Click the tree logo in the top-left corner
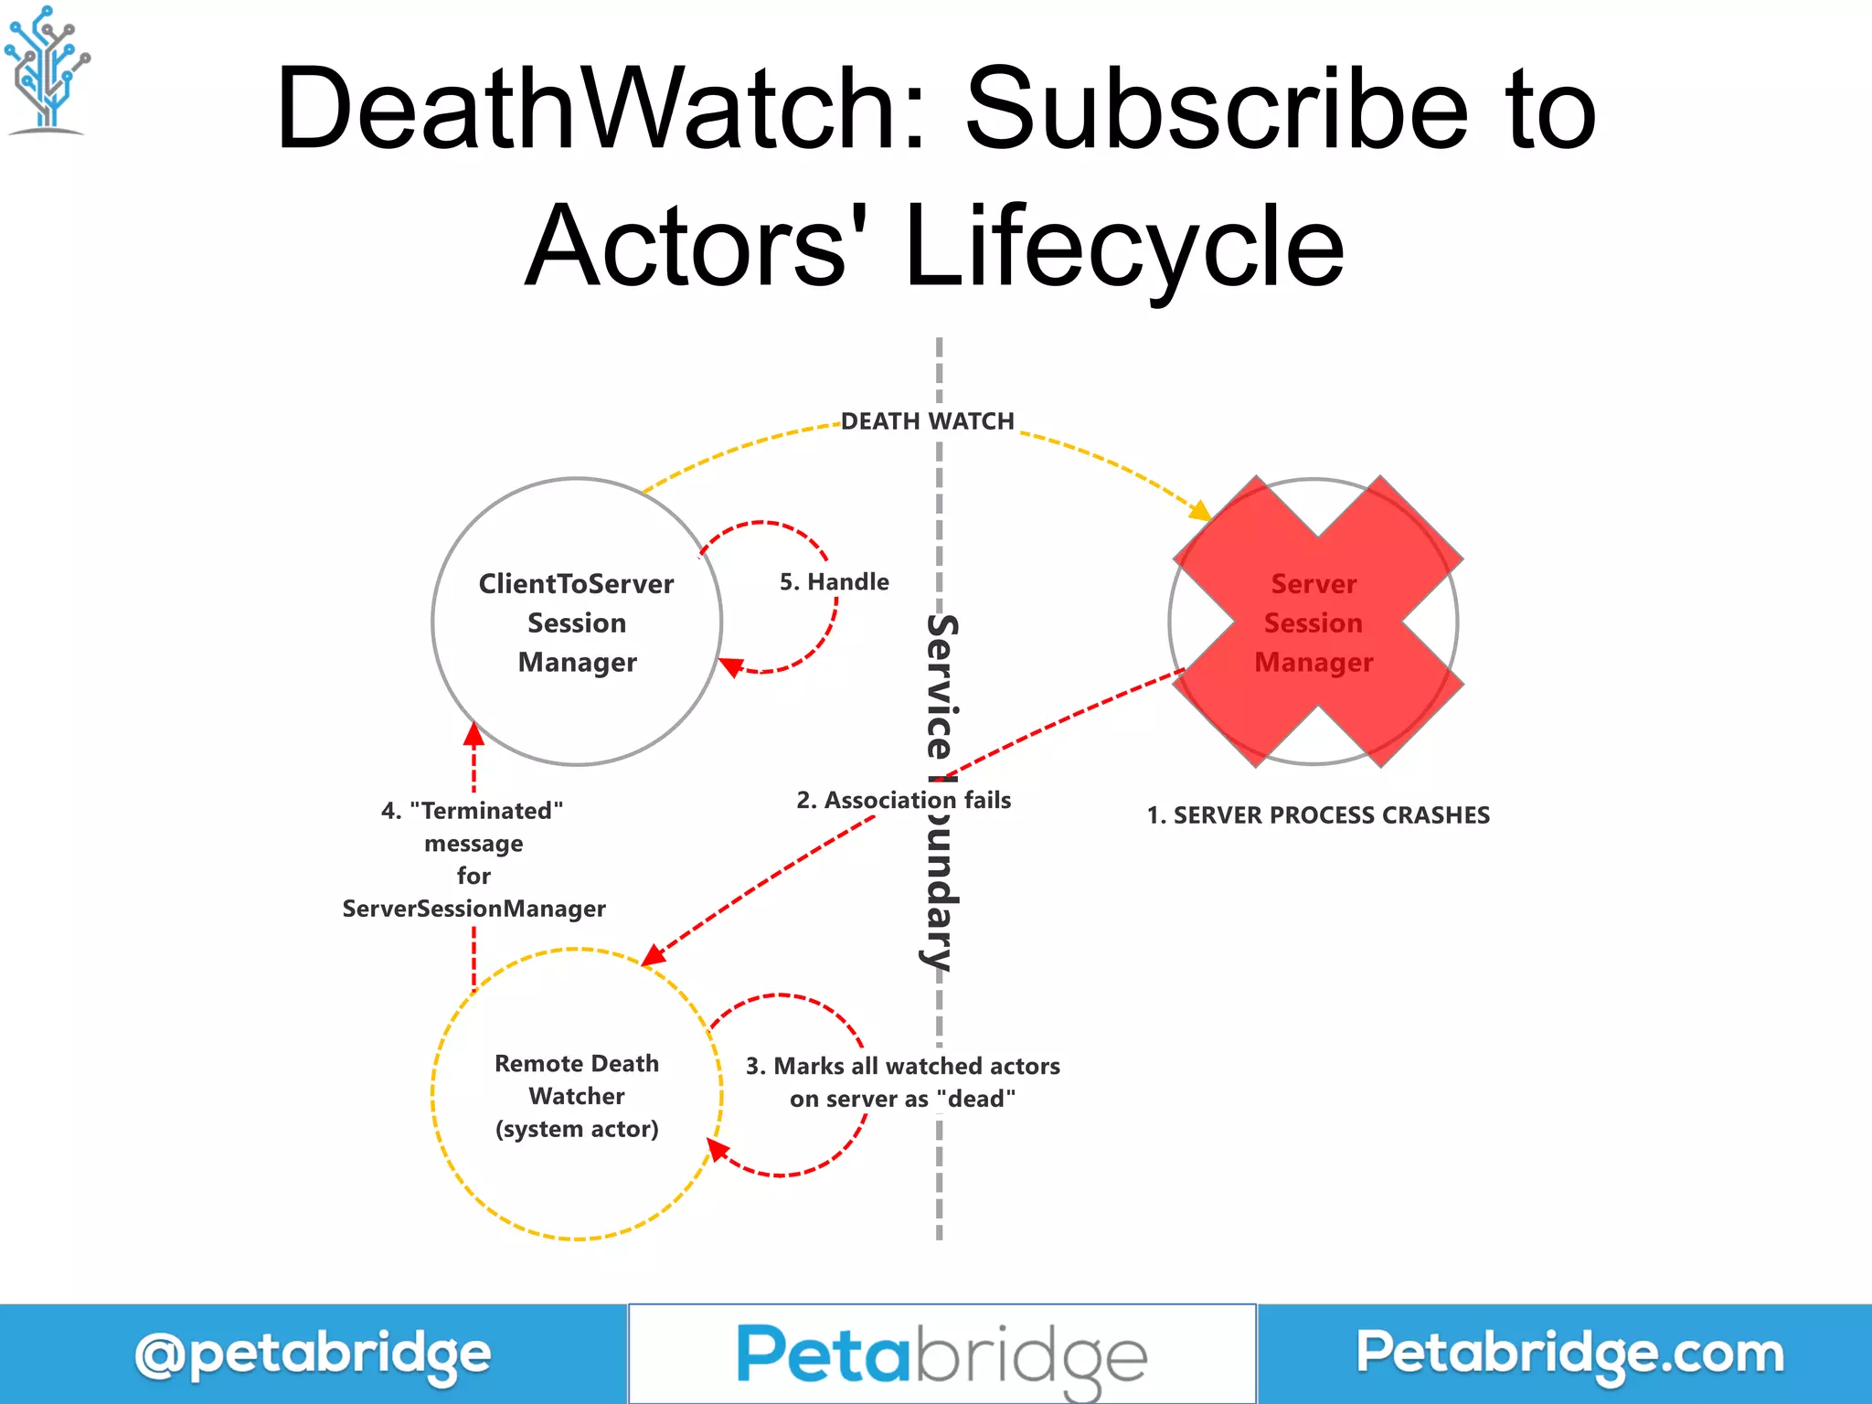click(46, 69)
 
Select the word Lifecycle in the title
click(1124, 247)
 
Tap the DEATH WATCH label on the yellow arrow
click(927, 421)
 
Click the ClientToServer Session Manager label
click(577, 622)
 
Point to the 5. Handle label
click(834, 582)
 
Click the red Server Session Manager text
click(1314, 622)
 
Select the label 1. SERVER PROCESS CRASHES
click(1318, 815)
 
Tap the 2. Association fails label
click(903, 801)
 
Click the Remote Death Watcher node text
click(577, 1096)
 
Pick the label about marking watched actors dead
click(902, 1082)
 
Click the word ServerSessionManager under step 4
click(473, 909)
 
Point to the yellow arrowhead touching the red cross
click(1200, 510)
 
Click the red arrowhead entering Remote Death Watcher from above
click(653, 955)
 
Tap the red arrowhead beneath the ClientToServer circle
click(473, 734)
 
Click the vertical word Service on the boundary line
click(941, 686)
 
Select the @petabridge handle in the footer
click(313, 1355)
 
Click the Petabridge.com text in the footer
click(1569, 1353)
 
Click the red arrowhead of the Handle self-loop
click(730, 666)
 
